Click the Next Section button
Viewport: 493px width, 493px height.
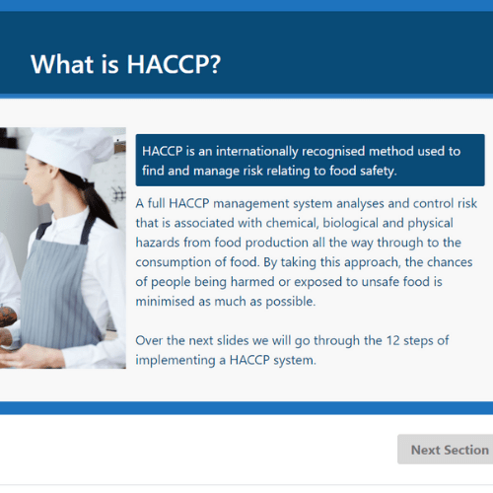(446, 450)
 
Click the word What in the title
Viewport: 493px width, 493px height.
(62, 64)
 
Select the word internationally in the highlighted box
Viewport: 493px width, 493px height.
(257, 152)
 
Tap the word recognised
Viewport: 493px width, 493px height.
(333, 152)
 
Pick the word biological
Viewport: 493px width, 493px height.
(350, 224)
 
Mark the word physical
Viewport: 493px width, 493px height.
(431, 224)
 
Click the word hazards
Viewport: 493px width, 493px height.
(158, 243)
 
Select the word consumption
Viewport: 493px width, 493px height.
(174, 262)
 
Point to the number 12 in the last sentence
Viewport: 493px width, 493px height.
(392, 340)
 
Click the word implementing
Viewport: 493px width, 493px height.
(176, 361)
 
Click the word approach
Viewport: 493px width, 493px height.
(373, 262)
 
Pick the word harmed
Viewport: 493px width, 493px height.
(252, 282)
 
